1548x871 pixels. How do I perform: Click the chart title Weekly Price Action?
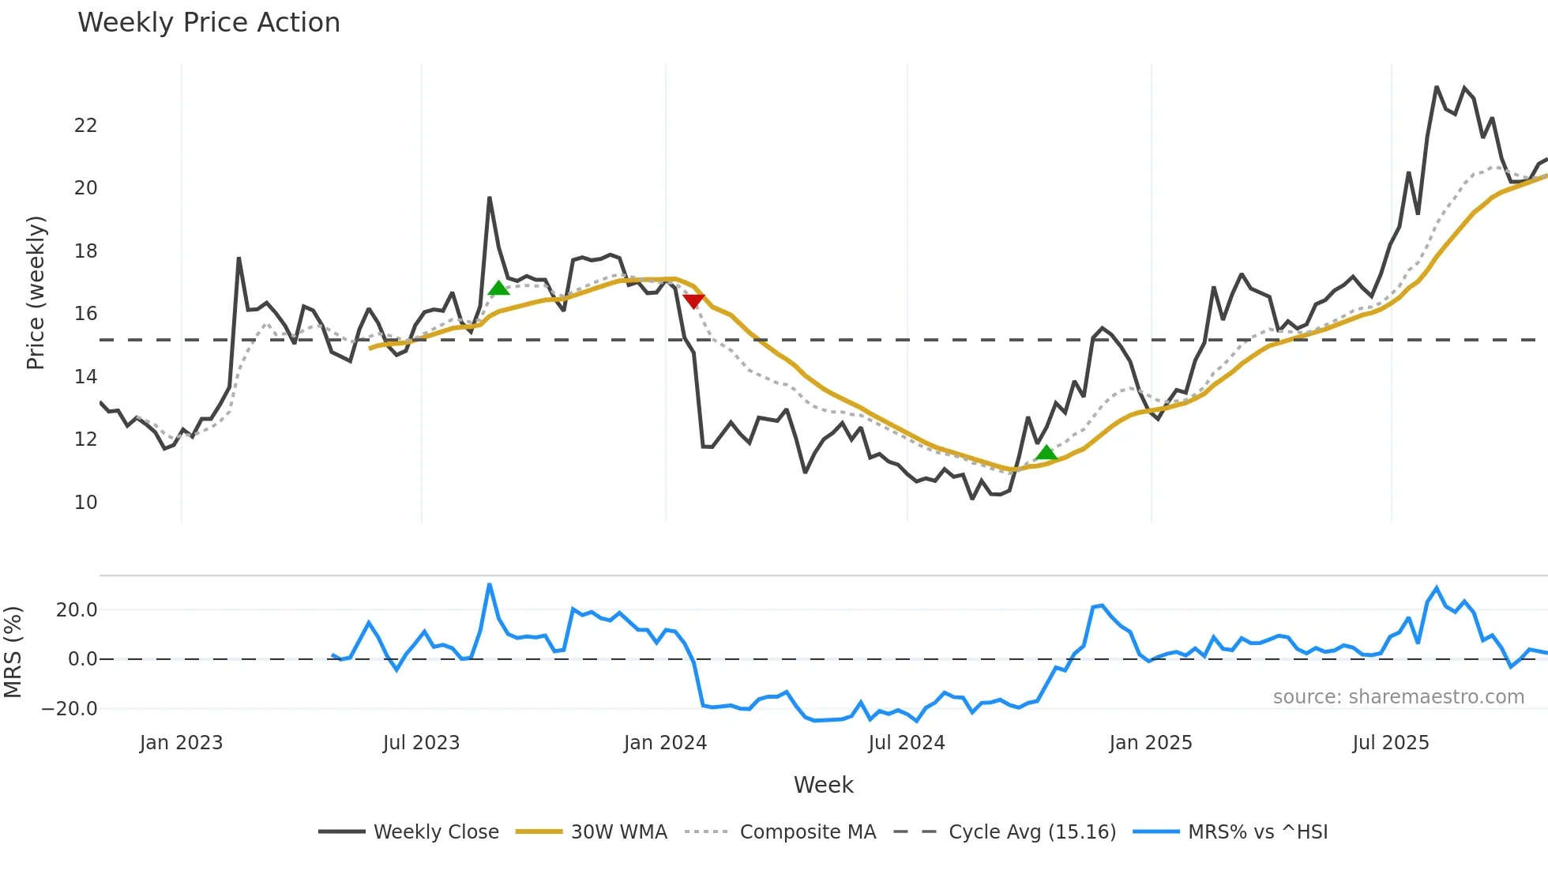click(x=209, y=23)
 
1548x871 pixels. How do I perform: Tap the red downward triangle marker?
click(x=693, y=301)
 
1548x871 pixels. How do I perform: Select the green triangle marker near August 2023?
click(x=498, y=288)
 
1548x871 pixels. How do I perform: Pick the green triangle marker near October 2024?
click(x=1046, y=452)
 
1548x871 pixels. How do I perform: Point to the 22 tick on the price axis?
click(x=85, y=125)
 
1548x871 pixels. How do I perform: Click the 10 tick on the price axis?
click(x=85, y=502)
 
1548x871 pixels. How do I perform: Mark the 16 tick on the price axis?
click(x=85, y=314)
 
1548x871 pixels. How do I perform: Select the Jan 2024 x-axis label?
click(x=665, y=743)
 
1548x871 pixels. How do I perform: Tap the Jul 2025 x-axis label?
click(x=1390, y=743)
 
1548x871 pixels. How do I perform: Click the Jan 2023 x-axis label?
click(x=182, y=743)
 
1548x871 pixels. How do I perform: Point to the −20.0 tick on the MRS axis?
click(x=70, y=708)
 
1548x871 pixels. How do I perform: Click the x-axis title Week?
click(x=823, y=785)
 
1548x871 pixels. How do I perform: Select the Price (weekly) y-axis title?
click(x=36, y=292)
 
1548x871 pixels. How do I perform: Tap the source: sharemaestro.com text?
click(x=1398, y=697)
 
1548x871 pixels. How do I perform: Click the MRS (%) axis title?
click(x=13, y=652)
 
